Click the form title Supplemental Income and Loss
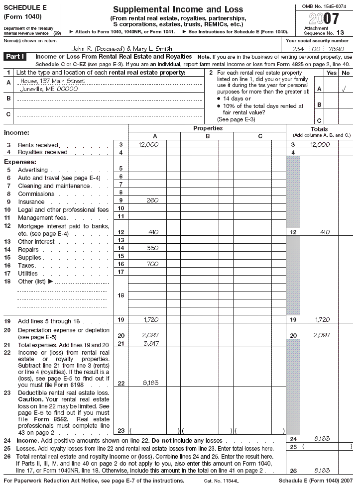pyautogui.click(x=178, y=9)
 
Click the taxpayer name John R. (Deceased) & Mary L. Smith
pyautogui.click(x=122, y=49)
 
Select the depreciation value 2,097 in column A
pyautogui.click(x=149, y=335)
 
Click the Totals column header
pyautogui.click(x=319, y=129)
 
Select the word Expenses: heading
pyautogui.click(x=20, y=162)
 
